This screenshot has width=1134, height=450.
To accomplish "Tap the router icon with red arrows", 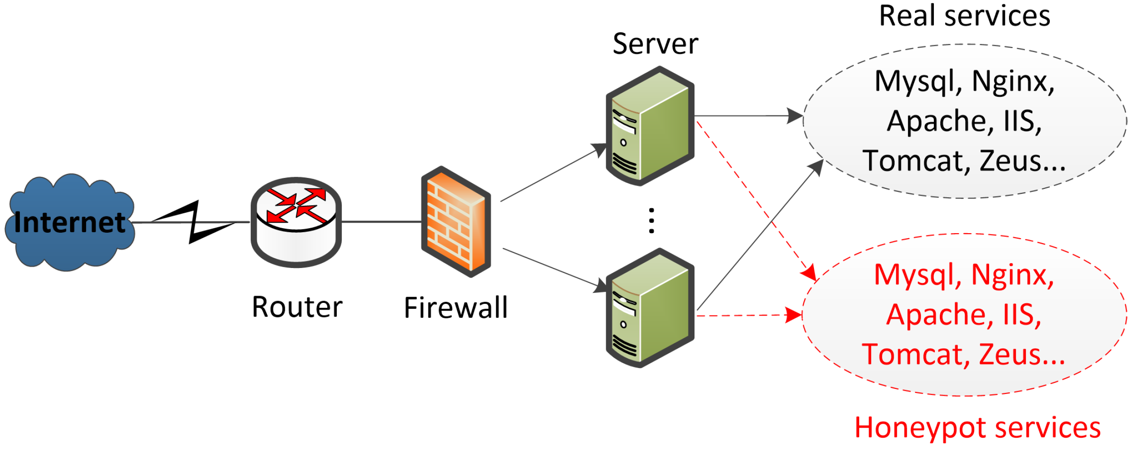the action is [296, 222].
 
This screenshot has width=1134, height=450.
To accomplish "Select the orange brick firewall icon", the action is [456, 221].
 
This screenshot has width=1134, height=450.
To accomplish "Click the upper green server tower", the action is [650, 126].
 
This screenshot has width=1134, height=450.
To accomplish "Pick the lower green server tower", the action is [650, 308].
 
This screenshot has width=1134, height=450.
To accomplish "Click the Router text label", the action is [297, 307].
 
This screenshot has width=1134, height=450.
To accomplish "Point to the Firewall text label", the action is [456, 308].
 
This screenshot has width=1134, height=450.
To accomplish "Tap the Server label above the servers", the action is [655, 44].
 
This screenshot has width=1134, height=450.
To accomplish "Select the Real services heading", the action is [965, 16].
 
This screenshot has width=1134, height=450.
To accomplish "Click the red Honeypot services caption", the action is [978, 427].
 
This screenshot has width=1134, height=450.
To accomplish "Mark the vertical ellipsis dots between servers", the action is [651, 220].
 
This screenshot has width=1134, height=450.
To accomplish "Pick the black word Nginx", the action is [1013, 82].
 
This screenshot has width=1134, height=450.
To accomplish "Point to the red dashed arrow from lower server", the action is [750, 315].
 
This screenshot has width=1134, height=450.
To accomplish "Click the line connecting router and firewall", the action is [381, 222].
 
